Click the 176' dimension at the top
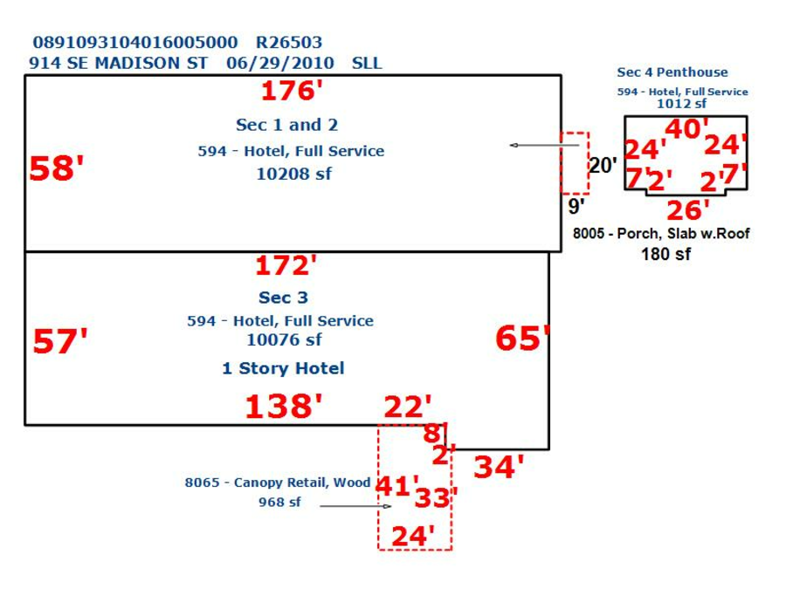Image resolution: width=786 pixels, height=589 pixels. (x=292, y=91)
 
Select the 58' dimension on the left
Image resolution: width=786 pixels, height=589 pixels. (x=56, y=168)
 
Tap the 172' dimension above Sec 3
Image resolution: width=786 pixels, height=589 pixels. (x=286, y=265)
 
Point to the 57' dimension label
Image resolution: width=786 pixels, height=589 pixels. (x=59, y=341)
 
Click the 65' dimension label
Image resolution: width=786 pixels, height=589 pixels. (x=522, y=338)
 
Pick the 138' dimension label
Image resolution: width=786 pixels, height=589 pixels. (x=283, y=406)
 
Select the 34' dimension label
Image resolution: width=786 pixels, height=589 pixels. (x=499, y=467)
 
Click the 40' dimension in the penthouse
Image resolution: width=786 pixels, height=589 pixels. (x=686, y=128)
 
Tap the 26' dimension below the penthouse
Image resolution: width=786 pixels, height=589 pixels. (x=688, y=210)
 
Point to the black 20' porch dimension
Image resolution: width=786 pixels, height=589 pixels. (x=603, y=165)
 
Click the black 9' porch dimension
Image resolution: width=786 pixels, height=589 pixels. (x=576, y=206)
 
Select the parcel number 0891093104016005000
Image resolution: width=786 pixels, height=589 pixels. (x=135, y=43)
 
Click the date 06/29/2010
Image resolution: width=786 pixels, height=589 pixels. (x=279, y=63)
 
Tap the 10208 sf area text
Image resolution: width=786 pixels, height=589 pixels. (x=293, y=174)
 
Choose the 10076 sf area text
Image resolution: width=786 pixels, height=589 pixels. (x=284, y=339)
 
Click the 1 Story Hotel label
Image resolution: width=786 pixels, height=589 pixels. (x=283, y=368)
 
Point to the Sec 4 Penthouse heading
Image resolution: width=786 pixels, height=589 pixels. (x=672, y=72)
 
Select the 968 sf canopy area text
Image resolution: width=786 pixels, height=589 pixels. (x=279, y=502)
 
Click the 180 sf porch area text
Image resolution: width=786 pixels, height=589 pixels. (x=665, y=254)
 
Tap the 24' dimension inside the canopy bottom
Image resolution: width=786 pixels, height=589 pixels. (x=412, y=536)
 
